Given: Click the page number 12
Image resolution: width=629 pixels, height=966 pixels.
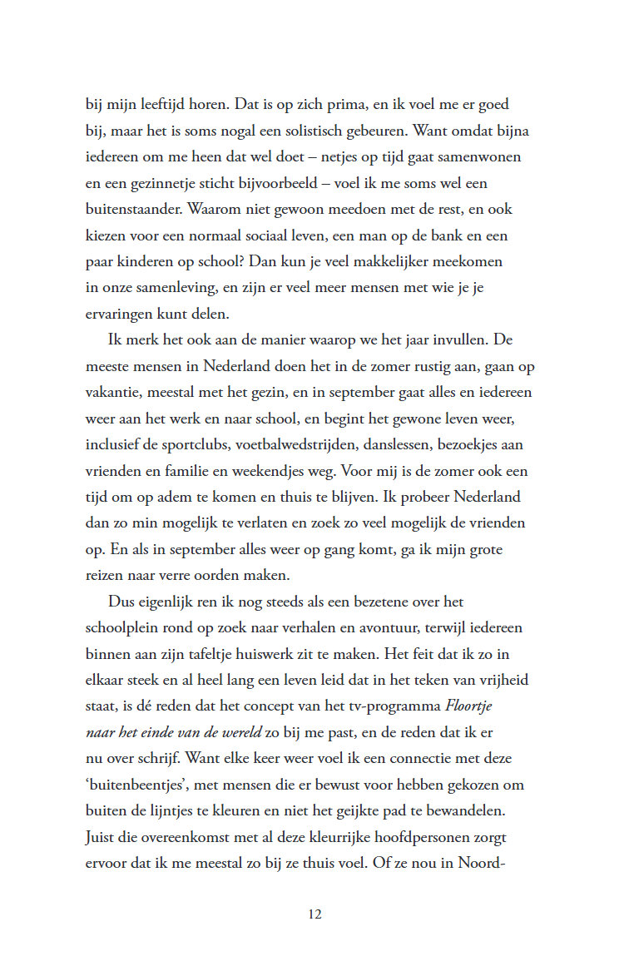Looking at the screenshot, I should click(314, 914).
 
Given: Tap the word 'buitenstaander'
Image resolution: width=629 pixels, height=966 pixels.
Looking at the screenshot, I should click(137, 211).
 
